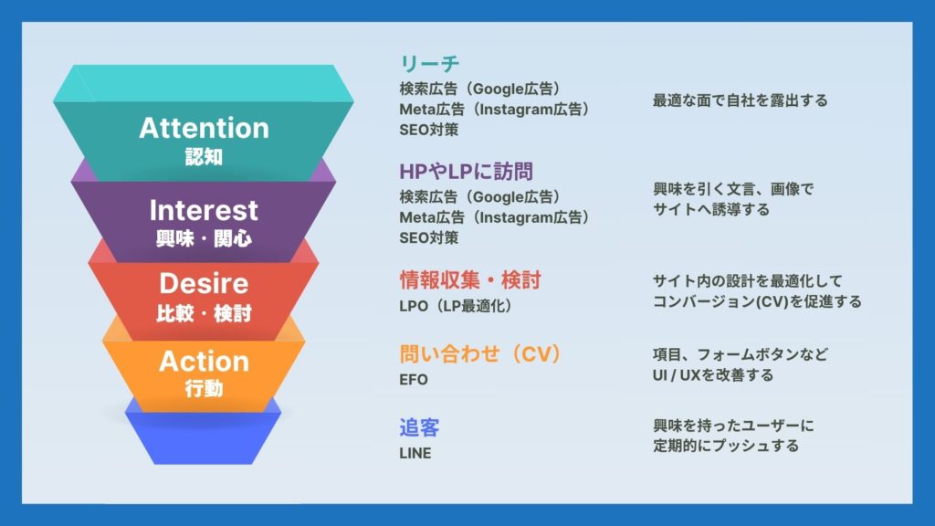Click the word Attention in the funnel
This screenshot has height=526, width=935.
204,128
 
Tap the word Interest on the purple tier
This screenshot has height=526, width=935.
204,211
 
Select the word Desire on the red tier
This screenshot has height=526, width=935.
204,283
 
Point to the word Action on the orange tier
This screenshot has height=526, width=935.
204,362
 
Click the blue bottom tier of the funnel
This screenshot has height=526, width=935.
204,438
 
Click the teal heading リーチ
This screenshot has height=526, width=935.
429,63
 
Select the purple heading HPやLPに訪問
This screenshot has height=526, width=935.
466,172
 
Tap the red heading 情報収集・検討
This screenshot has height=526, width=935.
470,279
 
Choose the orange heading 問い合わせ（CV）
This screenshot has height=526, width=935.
480,353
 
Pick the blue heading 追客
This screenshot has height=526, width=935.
419,427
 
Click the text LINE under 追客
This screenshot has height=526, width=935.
415,453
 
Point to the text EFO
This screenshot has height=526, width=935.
414,379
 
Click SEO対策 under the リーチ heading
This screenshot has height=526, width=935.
429,130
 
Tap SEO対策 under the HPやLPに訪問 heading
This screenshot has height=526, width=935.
429,237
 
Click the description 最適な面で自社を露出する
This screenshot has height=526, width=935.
740,100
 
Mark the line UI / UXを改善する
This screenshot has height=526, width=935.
713,375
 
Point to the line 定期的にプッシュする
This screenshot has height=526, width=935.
726,446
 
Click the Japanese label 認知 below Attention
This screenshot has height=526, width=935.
204,157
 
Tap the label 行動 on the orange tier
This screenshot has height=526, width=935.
204,389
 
